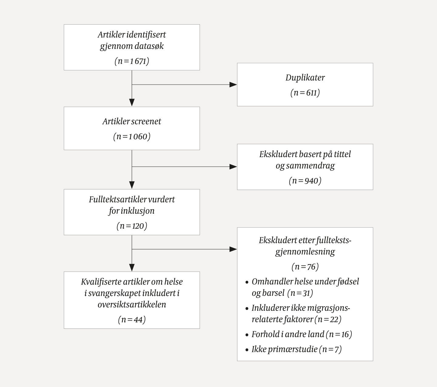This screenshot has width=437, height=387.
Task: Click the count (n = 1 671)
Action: (132, 61)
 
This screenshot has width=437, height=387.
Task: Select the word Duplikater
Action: (305, 78)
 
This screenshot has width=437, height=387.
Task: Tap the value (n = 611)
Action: (305, 93)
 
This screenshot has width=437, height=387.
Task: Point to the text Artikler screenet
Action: (132, 121)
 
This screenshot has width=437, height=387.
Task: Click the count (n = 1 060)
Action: (132, 136)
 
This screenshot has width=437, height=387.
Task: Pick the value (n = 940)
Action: (305, 181)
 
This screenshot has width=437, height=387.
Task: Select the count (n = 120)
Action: (132, 226)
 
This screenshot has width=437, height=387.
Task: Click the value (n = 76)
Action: (305, 267)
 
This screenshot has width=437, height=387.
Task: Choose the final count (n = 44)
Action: (132, 320)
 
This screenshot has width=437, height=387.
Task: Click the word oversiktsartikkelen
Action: (132, 305)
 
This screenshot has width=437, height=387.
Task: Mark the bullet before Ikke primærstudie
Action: (247, 350)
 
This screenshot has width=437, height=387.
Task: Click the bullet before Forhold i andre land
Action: (247, 335)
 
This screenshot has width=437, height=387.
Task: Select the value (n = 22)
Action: (328, 319)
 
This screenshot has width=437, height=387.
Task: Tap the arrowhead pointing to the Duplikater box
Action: (233, 85)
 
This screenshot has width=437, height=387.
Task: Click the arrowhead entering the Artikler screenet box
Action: (132, 103)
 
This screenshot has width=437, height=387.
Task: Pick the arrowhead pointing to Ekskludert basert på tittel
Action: (233, 167)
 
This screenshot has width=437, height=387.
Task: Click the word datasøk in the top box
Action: (149, 46)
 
